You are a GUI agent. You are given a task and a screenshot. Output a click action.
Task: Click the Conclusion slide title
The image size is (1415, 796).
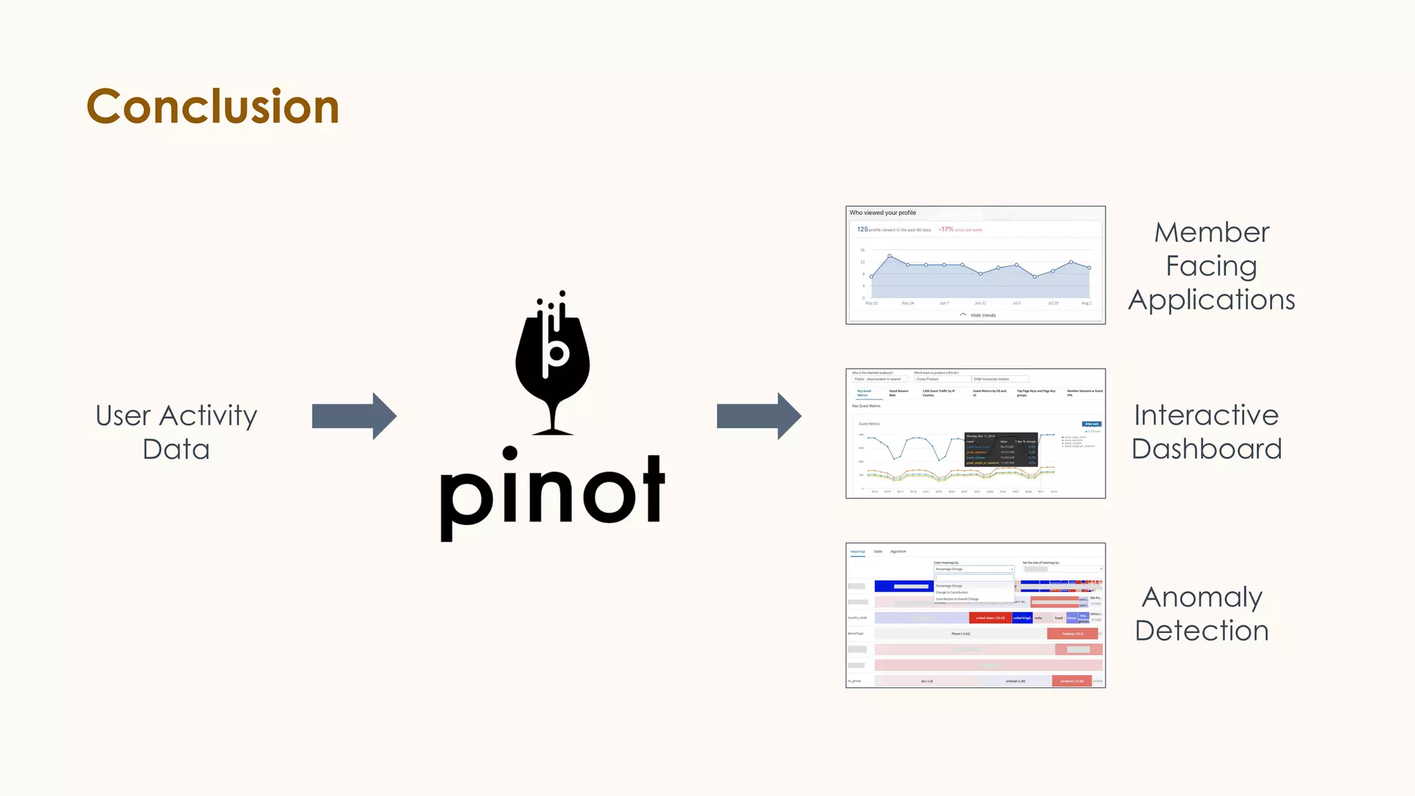[213, 107]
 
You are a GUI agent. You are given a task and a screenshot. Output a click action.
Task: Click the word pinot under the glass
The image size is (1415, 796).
[552, 492]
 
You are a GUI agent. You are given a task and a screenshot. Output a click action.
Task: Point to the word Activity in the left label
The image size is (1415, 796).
[208, 416]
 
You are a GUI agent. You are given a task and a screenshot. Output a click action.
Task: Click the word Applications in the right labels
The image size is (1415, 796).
[1211, 300]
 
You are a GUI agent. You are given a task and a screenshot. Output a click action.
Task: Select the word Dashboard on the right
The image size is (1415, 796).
[1206, 449]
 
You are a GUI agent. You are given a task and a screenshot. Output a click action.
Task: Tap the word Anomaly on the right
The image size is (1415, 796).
[1202, 597]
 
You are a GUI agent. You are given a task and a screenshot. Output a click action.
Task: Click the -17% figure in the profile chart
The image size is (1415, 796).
[946, 229]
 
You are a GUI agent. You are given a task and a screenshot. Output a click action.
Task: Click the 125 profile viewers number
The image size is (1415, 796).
[862, 229]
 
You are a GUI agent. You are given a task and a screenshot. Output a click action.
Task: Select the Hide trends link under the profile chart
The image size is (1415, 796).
[982, 315]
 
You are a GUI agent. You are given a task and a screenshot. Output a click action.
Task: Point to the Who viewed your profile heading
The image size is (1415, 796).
[882, 213]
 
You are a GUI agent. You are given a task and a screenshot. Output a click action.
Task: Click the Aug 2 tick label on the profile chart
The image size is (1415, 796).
[1086, 303]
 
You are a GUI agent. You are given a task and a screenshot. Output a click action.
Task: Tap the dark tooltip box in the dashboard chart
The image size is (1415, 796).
[1000, 449]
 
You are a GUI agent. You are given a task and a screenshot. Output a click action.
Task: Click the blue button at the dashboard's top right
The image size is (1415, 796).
[1092, 424]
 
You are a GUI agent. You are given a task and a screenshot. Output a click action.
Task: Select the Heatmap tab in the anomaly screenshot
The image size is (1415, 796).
[857, 551]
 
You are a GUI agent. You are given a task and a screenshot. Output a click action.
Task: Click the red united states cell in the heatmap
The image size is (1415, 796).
[990, 618]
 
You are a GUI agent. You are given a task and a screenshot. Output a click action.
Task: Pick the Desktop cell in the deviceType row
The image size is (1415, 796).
[1072, 634]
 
